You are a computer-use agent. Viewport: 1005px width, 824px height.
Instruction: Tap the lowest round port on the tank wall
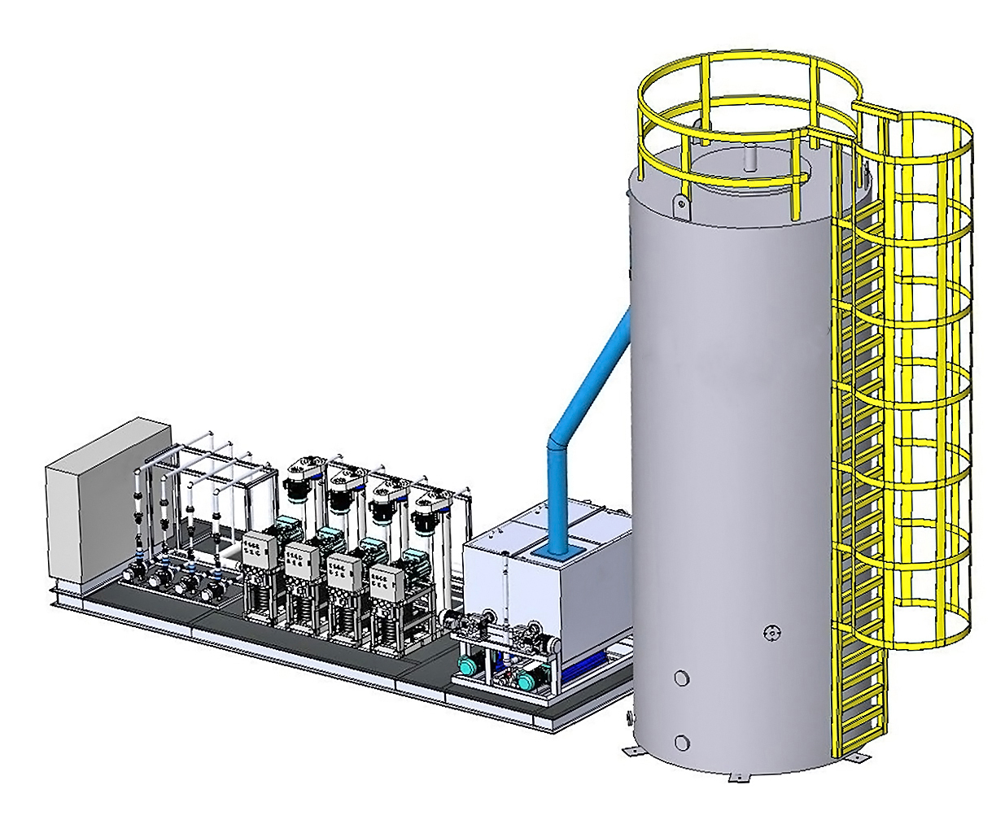click(682, 741)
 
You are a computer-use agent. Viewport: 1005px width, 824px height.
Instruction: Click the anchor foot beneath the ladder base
click(851, 756)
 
